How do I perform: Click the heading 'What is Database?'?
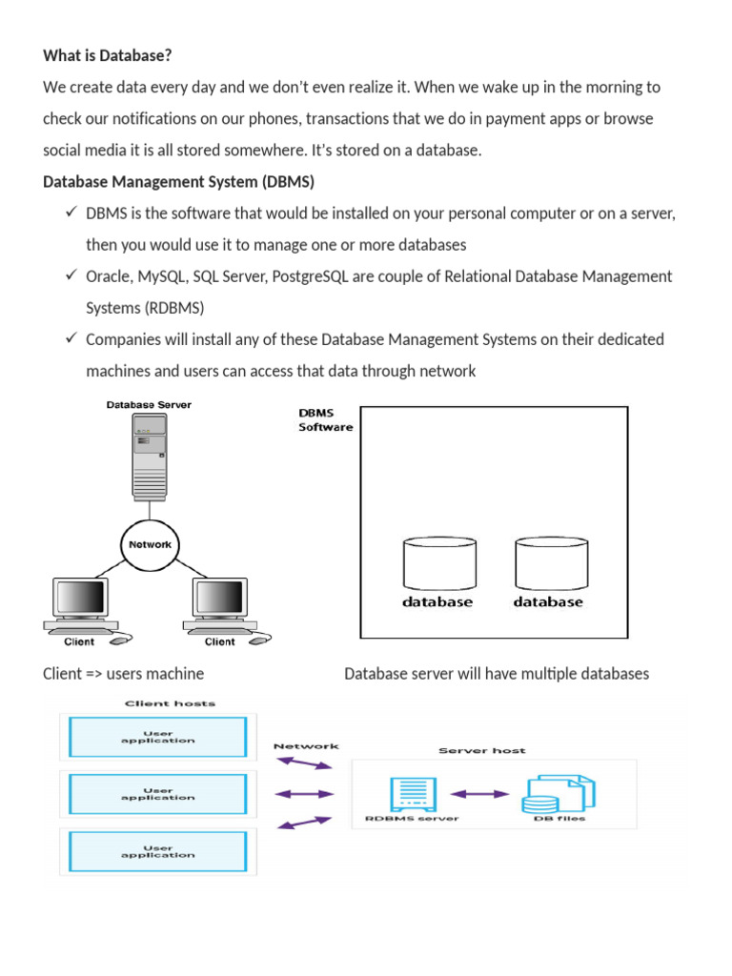[x=108, y=56]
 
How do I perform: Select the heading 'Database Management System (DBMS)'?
[x=178, y=181]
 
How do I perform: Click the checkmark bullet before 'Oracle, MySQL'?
[x=71, y=275]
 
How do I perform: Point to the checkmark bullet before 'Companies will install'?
[x=71, y=338]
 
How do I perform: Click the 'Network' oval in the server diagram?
[x=150, y=544]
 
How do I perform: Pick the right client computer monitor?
[x=219, y=600]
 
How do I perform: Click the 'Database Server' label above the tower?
[x=148, y=404]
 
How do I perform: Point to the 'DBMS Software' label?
[x=325, y=420]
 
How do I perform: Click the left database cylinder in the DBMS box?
[x=437, y=563]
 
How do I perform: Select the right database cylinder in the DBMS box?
[x=548, y=563]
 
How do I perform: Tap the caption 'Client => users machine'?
[x=123, y=674]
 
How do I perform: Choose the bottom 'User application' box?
[x=158, y=851]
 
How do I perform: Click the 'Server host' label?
[x=481, y=750]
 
